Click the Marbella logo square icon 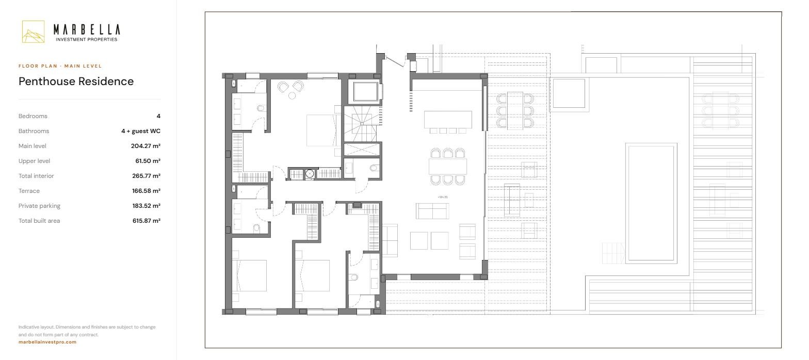point(33,32)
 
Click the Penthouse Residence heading point(76,81)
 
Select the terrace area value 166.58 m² point(146,191)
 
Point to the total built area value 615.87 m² point(147,221)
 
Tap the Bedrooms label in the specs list point(33,116)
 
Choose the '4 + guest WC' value point(141,131)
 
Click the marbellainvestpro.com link point(47,342)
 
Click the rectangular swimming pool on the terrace point(651,203)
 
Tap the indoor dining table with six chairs point(448,167)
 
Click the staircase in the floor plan point(362,124)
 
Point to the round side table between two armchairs point(292,96)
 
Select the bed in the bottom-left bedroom point(250,275)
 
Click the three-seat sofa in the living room point(432,211)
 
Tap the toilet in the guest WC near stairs point(374,168)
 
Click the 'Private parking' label point(39,206)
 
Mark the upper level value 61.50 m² point(148,161)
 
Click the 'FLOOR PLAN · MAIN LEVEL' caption point(60,66)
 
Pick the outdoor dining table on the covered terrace point(515,110)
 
